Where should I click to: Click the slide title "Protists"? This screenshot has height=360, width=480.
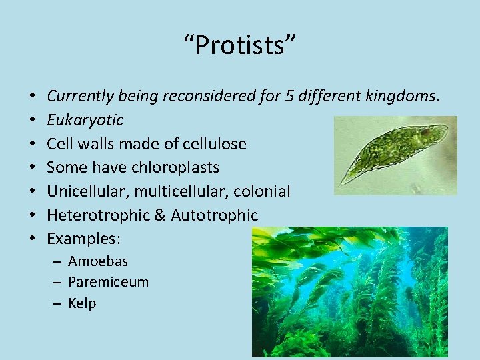pyautogui.click(x=240, y=45)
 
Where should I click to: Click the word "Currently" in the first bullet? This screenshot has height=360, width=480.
pyautogui.click(x=75, y=97)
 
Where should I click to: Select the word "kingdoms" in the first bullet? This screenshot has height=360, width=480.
pyautogui.click(x=402, y=97)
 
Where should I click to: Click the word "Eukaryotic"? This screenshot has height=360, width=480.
pyautogui.click(x=85, y=121)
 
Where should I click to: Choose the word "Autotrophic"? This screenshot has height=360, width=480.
pyautogui.click(x=214, y=215)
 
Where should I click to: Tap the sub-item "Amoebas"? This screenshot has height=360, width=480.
pyautogui.click(x=98, y=261)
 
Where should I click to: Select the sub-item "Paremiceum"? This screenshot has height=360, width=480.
pyautogui.click(x=108, y=282)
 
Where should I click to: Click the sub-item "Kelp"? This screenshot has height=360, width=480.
pyautogui.click(x=82, y=303)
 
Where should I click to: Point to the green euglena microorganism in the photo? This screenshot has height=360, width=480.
pyautogui.click(x=393, y=153)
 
